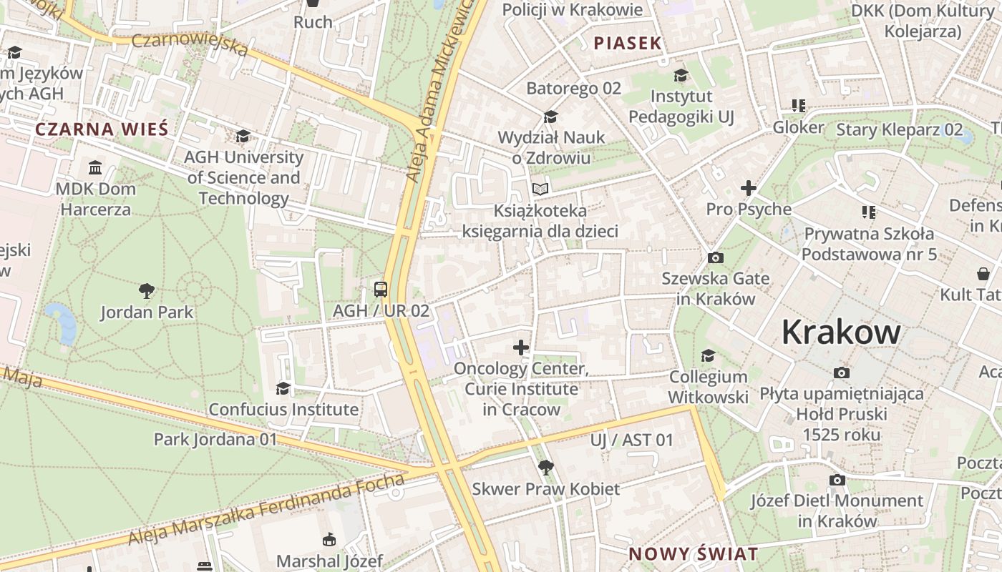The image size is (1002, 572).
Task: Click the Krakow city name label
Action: [x=841, y=332]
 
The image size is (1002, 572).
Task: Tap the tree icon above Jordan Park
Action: [x=147, y=290]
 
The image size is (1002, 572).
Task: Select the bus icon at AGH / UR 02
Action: [x=381, y=290]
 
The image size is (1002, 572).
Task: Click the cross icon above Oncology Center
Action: [x=521, y=348]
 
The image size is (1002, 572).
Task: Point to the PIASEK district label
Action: [x=628, y=44]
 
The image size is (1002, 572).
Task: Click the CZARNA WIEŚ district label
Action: [x=102, y=129]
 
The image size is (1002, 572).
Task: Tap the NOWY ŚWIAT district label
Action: [x=693, y=553]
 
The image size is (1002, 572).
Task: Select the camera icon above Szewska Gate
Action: [x=715, y=258]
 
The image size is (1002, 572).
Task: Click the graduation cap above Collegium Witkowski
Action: [x=708, y=355]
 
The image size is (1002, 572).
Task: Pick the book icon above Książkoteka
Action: [x=540, y=189]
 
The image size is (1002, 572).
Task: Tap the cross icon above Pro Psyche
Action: [x=749, y=188]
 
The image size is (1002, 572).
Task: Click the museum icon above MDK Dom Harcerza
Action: [x=94, y=168]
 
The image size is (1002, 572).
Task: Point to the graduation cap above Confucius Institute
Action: [x=283, y=388]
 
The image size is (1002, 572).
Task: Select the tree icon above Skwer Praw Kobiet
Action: [x=545, y=468]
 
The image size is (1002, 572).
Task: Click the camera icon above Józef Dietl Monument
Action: [x=837, y=480]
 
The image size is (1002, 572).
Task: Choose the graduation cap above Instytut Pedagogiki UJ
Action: [x=681, y=75]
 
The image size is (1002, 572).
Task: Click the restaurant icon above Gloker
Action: [x=799, y=106]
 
